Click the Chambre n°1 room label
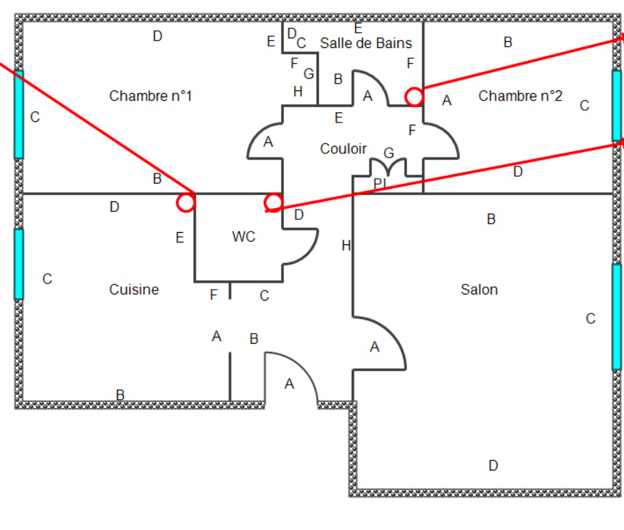click(151, 96)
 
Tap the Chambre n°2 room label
click(520, 96)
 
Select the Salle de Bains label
click(366, 43)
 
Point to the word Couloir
click(343, 149)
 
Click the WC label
click(244, 237)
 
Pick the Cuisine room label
click(134, 290)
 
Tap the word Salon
click(479, 290)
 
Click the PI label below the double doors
click(380, 184)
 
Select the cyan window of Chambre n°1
click(18, 114)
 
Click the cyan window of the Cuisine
click(18, 264)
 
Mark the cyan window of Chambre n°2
click(616, 105)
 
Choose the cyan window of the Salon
click(616, 316)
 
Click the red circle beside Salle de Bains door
click(414, 97)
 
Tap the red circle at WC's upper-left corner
click(185, 202)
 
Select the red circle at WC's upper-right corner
click(273, 202)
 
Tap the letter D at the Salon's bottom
click(493, 466)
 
